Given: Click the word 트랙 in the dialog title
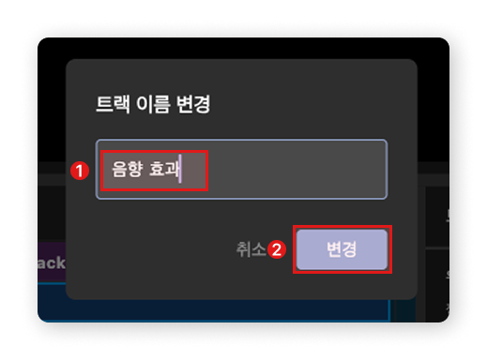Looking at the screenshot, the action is (111, 104).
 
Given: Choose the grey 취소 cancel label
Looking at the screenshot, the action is (251, 249).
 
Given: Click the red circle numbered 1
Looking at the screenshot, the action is (81, 171).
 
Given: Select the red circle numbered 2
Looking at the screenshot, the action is (277, 250).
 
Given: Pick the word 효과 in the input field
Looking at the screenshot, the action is (164, 171).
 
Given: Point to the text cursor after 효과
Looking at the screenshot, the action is (181, 171).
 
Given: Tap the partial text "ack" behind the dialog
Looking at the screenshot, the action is (51, 262).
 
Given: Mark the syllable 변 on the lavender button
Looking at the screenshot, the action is (333, 250).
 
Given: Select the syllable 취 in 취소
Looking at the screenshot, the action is (243, 249).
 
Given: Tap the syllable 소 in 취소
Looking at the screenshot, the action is (258, 249).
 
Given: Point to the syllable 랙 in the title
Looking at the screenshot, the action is (119, 104).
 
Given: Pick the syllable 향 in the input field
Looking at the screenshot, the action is (133, 171).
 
